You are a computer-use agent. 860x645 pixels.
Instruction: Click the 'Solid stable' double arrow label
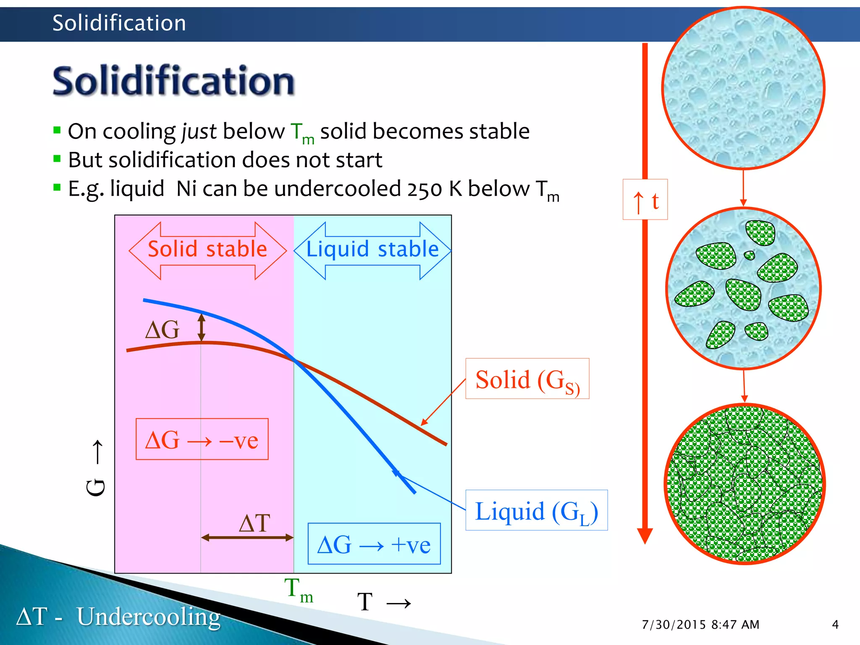point(207,249)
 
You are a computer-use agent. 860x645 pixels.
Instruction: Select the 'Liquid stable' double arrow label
point(372,249)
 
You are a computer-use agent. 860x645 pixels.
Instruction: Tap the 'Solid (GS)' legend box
point(527,379)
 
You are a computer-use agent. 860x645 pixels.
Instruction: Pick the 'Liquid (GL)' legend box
point(536,511)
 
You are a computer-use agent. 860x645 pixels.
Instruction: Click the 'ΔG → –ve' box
point(202,439)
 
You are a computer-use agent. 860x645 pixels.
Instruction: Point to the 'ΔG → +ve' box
point(374,544)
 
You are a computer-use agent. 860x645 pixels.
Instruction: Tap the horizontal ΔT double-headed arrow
point(247,537)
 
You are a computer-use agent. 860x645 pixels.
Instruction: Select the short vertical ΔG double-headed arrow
point(202,328)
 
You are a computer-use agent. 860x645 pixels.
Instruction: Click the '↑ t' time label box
point(645,199)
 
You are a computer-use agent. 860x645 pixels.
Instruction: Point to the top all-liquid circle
point(743,88)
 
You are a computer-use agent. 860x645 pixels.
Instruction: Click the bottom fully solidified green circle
point(745,484)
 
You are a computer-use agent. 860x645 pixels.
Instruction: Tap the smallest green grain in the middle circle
point(749,255)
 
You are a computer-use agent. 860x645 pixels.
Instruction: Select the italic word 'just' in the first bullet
point(199,132)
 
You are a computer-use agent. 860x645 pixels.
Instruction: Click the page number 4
point(835,624)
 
